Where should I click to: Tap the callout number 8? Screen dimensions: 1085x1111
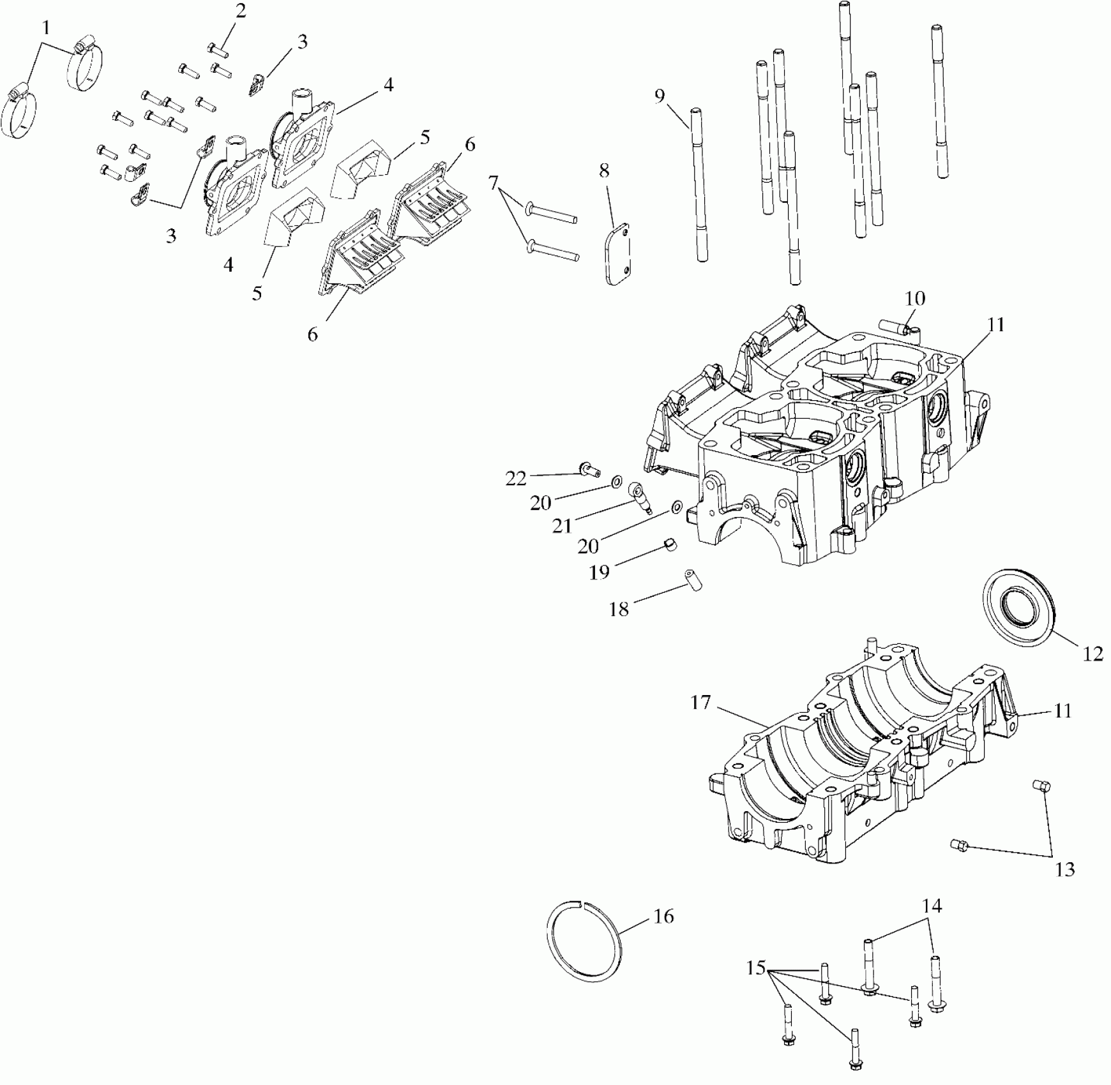tap(603, 170)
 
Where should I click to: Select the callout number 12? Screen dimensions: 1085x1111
tap(1092, 654)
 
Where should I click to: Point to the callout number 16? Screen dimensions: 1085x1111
tap(663, 916)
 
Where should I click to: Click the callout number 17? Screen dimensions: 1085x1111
tap(700, 703)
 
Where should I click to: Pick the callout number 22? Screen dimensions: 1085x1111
tap(516, 479)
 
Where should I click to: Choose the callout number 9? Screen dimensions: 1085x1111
tap(660, 96)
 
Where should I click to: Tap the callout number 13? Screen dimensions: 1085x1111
tap(1065, 869)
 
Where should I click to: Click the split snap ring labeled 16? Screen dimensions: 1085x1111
tap(585, 939)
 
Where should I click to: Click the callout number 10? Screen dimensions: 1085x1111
tap(915, 298)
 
